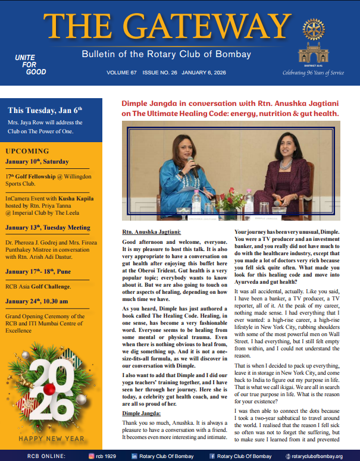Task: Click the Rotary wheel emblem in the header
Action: [315, 28]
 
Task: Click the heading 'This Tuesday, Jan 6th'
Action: [45, 110]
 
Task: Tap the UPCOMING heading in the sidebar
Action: [27, 150]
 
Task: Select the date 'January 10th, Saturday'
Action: [37, 161]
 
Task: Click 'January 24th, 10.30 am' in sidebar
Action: [43, 301]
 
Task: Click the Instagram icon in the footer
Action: [92, 456]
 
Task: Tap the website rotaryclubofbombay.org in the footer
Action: [317, 456]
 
